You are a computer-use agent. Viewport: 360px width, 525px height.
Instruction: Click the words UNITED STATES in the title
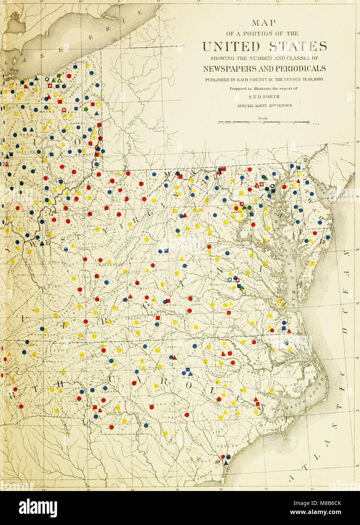[264, 47]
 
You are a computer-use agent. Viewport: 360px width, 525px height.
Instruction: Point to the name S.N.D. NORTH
[264, 97]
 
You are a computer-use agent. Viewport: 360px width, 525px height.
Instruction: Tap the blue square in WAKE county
[186, 370]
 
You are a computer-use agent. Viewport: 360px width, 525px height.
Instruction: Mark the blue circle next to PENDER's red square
[228, 457]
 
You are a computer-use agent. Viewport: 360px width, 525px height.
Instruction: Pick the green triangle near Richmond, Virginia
[242, 288]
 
